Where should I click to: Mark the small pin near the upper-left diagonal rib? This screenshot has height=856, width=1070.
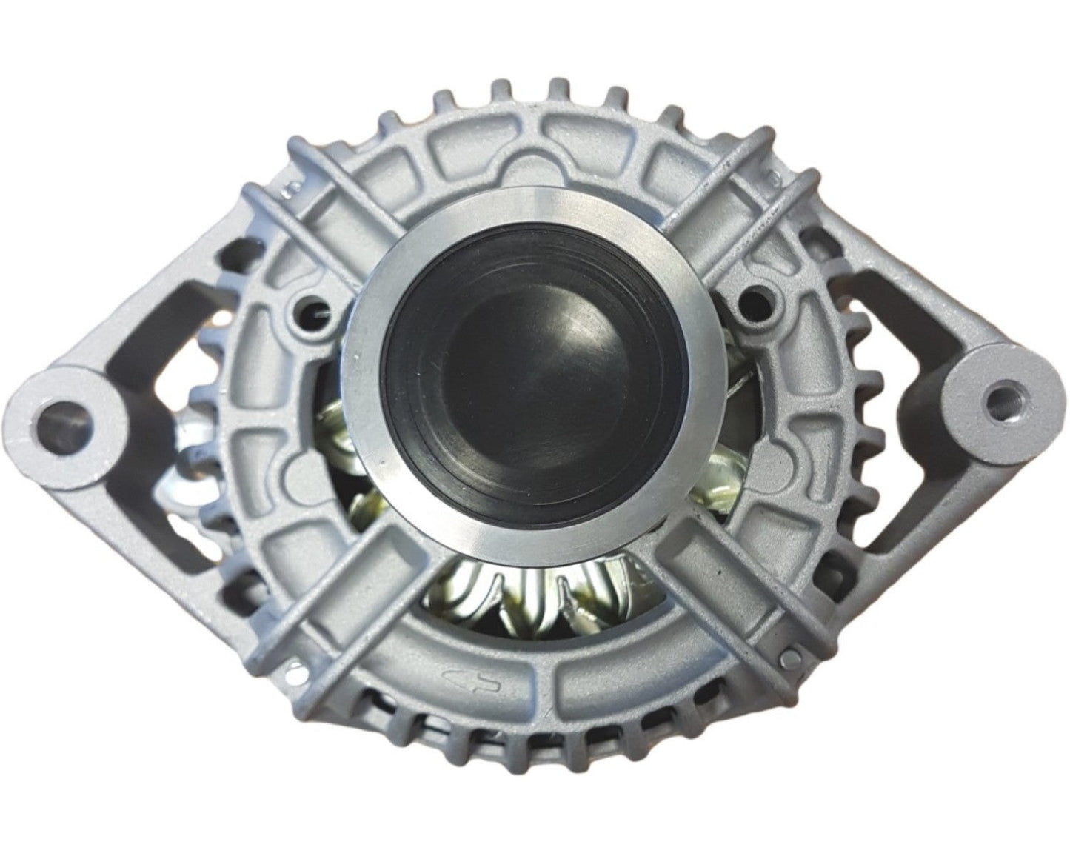[294, 191]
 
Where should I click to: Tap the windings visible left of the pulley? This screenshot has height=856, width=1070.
[341, 437]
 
